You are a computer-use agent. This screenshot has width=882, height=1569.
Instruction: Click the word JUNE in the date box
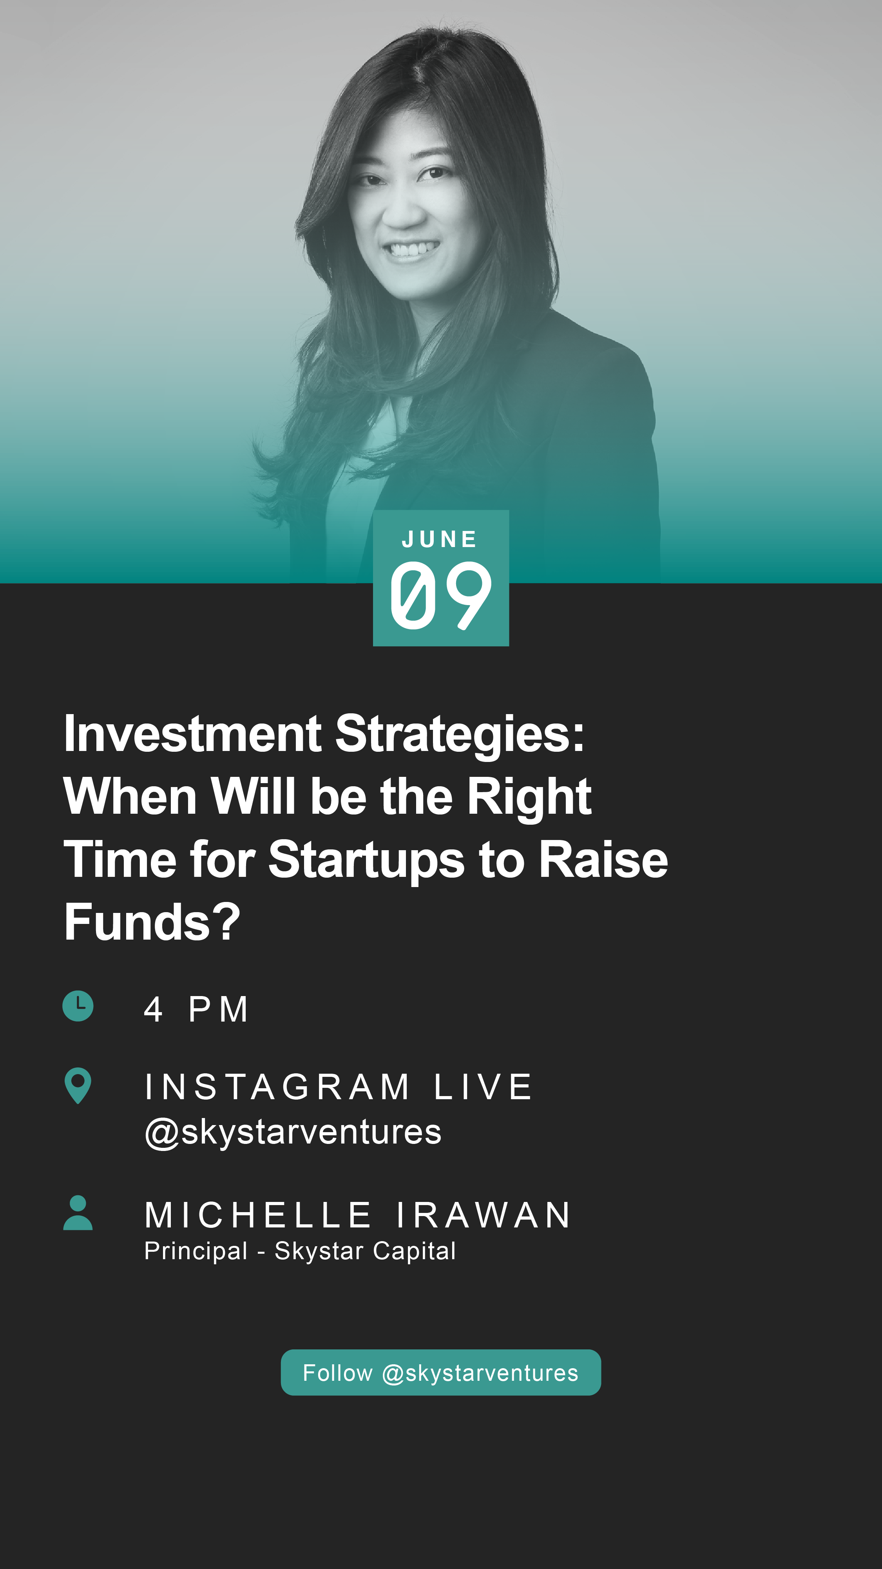click(x=440, y=539)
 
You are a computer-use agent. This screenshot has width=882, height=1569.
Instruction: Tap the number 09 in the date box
click(x=441, y=595)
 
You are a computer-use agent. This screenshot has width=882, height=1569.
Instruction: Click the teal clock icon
click(x=78, y=1005)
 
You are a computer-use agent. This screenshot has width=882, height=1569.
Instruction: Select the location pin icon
click(x=78, y=1085)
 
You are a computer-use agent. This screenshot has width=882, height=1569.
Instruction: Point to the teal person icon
click(x=78, y=1212)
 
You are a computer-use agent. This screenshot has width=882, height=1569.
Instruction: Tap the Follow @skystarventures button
click(x=441, y=1372)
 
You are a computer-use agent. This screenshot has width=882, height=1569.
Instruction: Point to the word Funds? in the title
click(x=152, y=922)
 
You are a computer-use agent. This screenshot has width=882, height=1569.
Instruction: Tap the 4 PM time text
click(x=196, y=1009)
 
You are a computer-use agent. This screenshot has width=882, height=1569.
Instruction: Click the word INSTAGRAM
click(x=277, y=1087)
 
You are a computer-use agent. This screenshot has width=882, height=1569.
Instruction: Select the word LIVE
click(x=483, y=1087)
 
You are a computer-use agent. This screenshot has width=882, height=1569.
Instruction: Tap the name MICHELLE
click(x=258, y=1215)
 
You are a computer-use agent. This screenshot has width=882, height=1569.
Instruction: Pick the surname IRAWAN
click(x=484, y=1215)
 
